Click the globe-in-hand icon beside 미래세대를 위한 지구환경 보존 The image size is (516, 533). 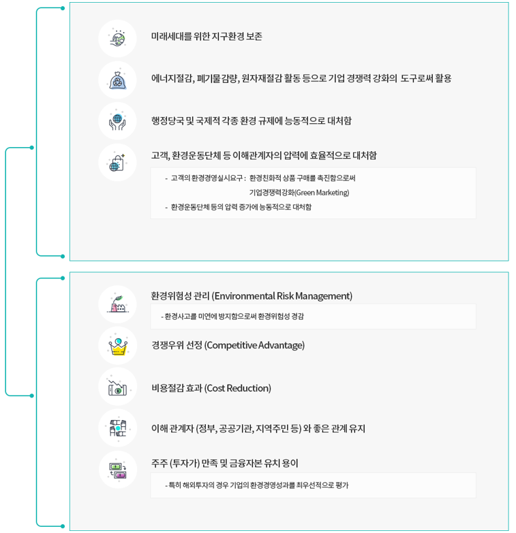pos(117,38)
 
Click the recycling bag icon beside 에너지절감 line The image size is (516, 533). pos(117,80)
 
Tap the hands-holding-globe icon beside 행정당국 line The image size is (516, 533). pos(117,121)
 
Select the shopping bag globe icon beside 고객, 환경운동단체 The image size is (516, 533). pos(117,162)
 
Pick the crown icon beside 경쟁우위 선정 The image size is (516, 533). pos(117,346)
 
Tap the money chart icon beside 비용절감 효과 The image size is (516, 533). pos(117,388)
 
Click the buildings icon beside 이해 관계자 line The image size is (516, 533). pos(117,429)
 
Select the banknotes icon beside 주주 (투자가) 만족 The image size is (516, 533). pos(117,470)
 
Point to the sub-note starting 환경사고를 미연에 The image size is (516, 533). pos(232,317)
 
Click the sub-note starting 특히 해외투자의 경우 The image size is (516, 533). pos(257,485)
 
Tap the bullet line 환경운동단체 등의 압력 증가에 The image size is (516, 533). pos(241,207)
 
